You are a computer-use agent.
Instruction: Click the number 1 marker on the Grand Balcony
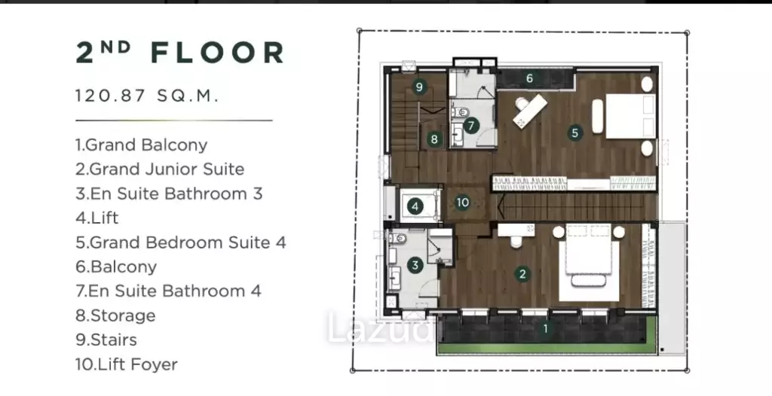pyautogui.click(x=545, y=328)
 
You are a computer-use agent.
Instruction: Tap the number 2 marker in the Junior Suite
pyautogui.click(x=522, y=274)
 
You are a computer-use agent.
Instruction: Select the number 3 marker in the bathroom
pyautogui.click(x=415, y=265)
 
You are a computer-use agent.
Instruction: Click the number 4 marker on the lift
pyautogui.click(x=415, y=206)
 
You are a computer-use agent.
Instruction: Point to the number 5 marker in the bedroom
pyautogui.click(x=574, y=133)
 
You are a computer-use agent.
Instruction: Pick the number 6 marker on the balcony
pyautogui.click(x=529, y=78)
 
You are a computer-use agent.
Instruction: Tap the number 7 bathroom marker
pyautogui.click(x=470, y=126)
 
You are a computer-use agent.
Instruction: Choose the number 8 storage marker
pyautogui.click(x=433, y=139)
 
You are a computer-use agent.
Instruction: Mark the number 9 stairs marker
pyautogui.click(x=419, y=87)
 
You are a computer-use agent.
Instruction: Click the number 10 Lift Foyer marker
pyautogui.click(x=462, y=203)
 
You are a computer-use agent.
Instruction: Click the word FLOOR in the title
pyautogui.click(x=217, y=53)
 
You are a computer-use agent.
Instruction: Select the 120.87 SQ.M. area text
pyautogui.click(x=147, y=96)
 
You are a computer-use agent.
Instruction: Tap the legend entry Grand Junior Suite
pyautogui.click(x=160, y=169)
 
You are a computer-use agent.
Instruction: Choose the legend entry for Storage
pyautogui.click(x=115, y=315)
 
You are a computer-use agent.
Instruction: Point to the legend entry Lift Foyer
pyautogui.click(x=127, y=364)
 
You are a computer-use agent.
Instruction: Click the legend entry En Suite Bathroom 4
pyautogui.click(x=168, y=291)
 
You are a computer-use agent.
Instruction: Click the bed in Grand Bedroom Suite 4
pyautogui.click(x=631, y=116)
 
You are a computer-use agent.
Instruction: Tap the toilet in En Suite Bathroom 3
pyautogui.click(x=398, y=239)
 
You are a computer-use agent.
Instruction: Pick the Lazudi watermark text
pyautogui.click(x=380, y=328)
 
